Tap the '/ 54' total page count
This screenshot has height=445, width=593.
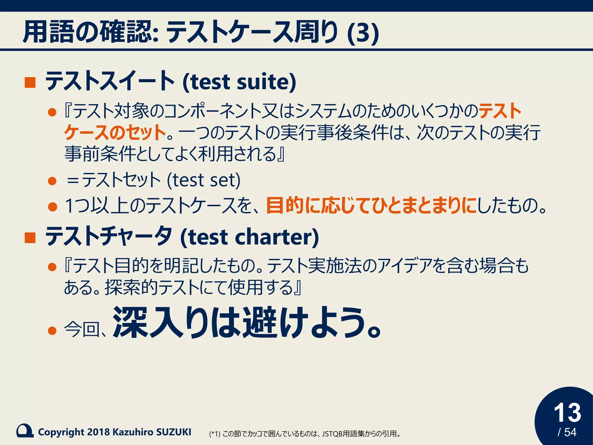[x=567, y=432]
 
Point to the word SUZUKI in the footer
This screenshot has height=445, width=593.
[x=174, y=432]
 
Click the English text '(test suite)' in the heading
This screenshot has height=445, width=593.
[x=239, y=82]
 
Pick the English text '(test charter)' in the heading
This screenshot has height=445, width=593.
[x=249, y=237]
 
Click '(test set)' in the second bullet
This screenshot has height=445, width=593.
[x=204, y=180]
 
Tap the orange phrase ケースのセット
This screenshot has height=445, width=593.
[x=115, y=132]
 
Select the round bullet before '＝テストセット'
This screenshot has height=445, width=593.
[x=52, y=181]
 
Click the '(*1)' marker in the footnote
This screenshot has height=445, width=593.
[x=215, y=434]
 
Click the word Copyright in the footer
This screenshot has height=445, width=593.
[x=61, y=432]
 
